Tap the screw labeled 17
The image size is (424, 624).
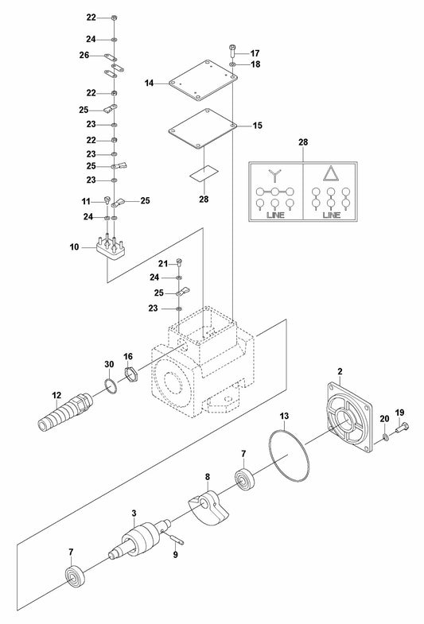tap(232, 49)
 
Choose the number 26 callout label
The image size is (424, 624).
tap(85, 54)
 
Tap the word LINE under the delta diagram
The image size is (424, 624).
tap(333, 215)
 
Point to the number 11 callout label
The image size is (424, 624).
tap(86, 201)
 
